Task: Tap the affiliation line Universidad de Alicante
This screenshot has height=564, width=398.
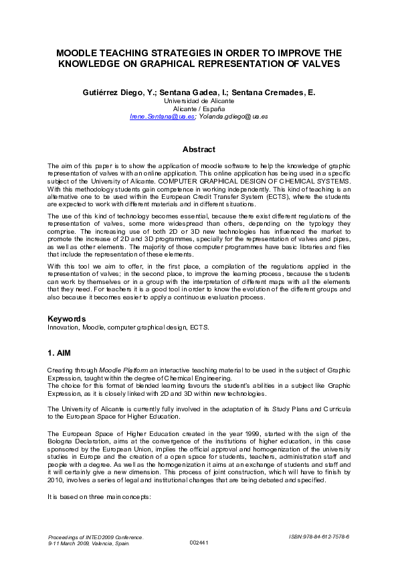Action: click(x=198, y=100)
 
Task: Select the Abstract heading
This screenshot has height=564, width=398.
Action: click(x=199, y=149)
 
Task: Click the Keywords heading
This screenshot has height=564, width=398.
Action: click(x=67, y=319)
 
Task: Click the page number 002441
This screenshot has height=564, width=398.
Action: click(x=199, y=543)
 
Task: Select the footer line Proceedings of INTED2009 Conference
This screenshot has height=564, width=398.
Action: click(x=96, y=537)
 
